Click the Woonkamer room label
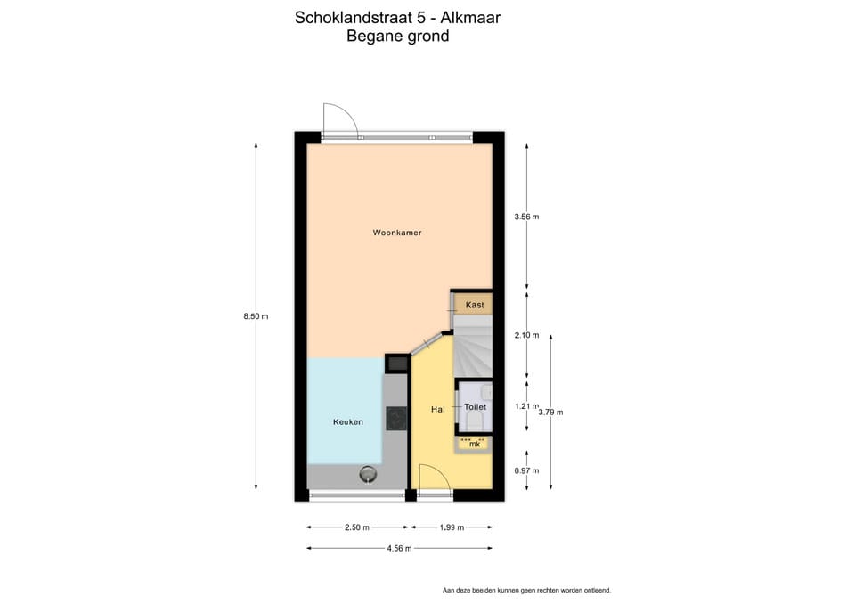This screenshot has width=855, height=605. (396, 233)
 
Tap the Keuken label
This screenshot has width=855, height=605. (348, 421)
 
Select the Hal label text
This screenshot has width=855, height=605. (437, 409)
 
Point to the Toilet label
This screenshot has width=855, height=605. (475, 406)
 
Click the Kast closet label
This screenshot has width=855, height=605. (475, 305)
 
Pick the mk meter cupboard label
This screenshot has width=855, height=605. (475, 443)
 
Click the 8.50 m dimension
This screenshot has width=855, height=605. (256, 316)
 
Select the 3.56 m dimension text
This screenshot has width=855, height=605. (526, 217)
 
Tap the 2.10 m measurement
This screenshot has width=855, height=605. (526, 335)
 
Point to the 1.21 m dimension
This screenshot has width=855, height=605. (526, 406)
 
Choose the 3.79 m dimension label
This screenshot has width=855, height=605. (551, 412)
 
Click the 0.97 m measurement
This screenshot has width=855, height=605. (526, 470)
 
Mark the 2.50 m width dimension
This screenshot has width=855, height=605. (357, 527)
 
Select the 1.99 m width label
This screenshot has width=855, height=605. (452, 527)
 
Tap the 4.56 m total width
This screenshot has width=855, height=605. (398, 548)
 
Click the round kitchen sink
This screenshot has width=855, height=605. (368, 474)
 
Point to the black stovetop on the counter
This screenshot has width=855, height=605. (395, 416)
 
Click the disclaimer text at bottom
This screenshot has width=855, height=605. (526, 590)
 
